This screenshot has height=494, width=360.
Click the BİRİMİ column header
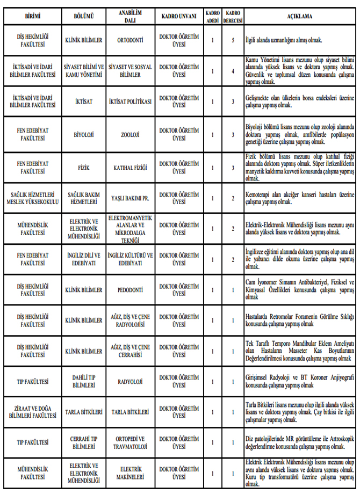coord(33,17)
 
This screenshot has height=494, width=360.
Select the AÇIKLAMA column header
coord(299,17)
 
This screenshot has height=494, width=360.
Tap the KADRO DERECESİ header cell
coord(233,17)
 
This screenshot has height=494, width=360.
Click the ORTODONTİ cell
coord(129,40)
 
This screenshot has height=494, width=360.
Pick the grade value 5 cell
coord(233,40)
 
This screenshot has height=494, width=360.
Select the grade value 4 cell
coord(233,71)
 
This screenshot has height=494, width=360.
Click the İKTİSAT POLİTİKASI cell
coord(129,101)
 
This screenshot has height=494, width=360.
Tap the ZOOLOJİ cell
coord(129,135)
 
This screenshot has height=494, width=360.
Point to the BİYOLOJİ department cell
coord(84,135)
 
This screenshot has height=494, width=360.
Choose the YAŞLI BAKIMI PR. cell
coord(129,198)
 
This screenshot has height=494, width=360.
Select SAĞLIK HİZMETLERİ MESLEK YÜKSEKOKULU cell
coord(33,198)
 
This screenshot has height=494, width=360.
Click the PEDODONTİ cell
coord(129,290)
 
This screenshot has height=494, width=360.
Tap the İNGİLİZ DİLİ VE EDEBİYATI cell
coord(84,260)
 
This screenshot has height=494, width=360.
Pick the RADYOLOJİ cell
coord(129,382)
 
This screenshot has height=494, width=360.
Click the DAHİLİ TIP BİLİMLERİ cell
coord(84,382)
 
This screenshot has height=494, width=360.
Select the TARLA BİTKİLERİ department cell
coord(84,412)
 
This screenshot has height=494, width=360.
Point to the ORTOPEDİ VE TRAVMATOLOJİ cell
coord(129,443)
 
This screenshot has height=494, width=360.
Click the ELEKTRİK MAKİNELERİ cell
coord(129,473)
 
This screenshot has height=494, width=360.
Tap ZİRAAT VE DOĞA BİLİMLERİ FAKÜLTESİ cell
coord(33,412)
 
